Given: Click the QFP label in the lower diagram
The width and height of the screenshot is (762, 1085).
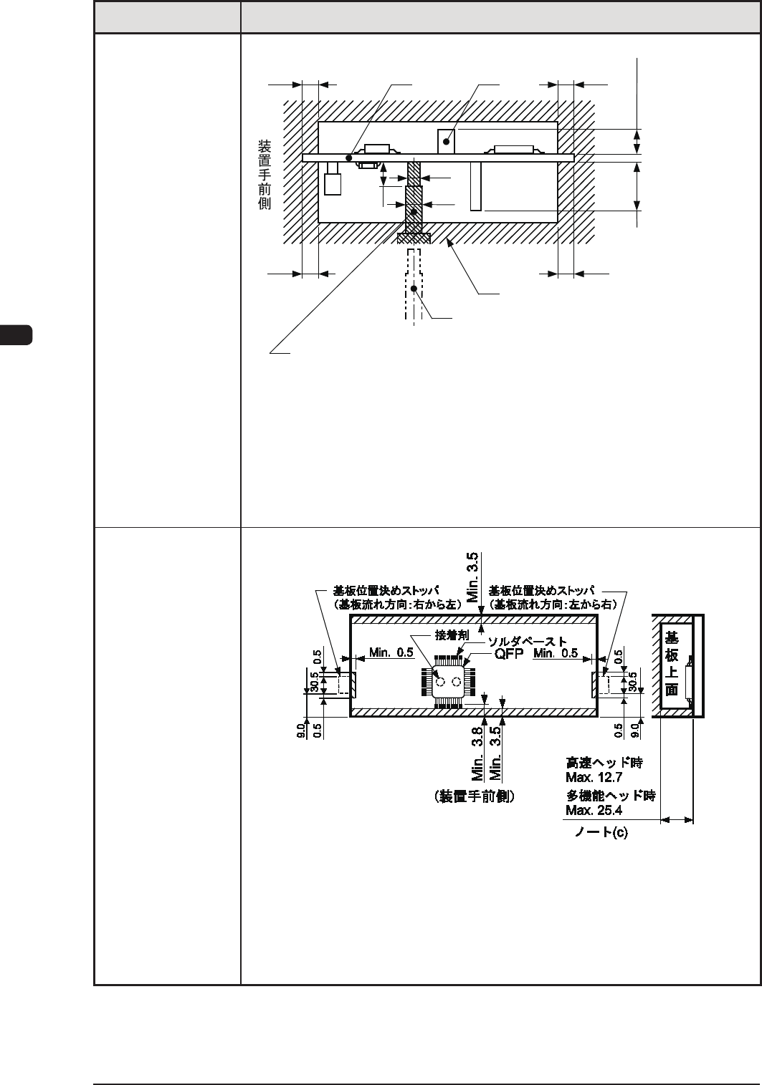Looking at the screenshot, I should coord(508,654).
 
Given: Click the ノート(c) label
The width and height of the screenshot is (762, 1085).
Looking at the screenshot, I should coord(601,834).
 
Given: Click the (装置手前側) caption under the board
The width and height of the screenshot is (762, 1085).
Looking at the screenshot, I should coord(475,796).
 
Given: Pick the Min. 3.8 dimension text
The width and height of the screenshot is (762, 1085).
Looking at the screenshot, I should coord(479,751).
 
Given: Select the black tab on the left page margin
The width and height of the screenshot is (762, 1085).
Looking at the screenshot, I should coord(16,335).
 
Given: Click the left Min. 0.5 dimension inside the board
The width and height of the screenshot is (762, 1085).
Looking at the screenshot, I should coord(391,652).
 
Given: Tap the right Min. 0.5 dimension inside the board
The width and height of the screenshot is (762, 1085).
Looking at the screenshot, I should coord(556,652).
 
